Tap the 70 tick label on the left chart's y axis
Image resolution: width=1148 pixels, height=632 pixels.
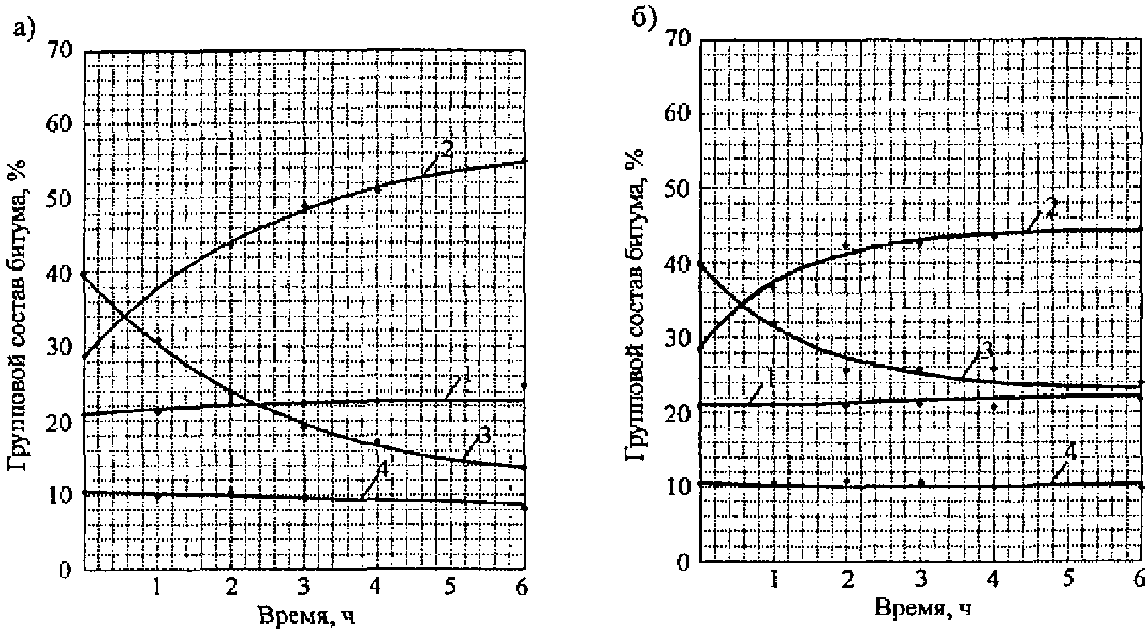pyautogui.click(x=60, y=51)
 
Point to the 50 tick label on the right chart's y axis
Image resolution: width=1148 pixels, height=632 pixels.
pyautogui.click(x=677, y=189)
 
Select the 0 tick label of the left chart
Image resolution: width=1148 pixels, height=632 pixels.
pyautogui.click(x=65, y=570)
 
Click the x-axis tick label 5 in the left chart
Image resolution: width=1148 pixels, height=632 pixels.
pyautogui.click(x=450, y=587)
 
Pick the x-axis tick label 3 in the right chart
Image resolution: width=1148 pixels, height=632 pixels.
pyautogui.click(x=921, y=580)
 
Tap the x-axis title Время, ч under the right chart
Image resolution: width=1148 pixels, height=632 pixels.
pyautogui.click(x=923, y=608)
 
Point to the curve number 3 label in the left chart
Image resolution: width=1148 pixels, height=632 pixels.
pyautogui.click(x=484, y=437)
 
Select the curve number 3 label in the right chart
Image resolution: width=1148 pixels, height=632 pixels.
pyautogui.click(x=986, y=351)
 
